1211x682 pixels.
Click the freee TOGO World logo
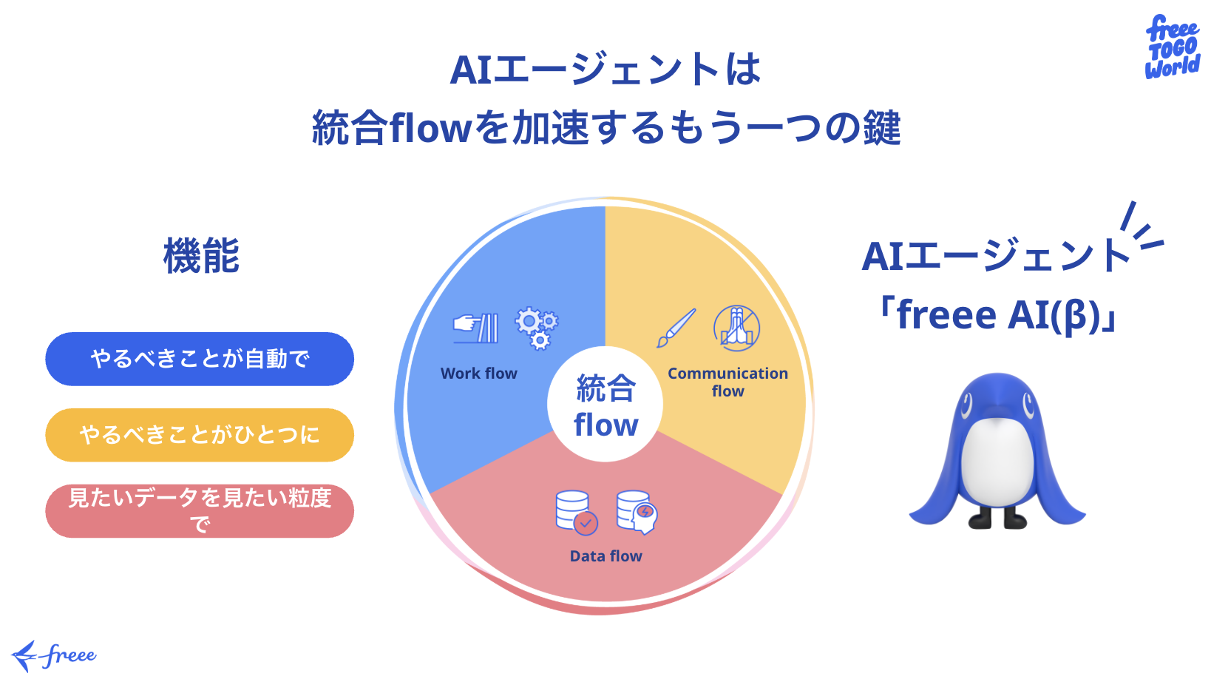(1172, 47)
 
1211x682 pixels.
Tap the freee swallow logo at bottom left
(54, 655)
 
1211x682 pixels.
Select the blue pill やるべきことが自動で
(200, 359)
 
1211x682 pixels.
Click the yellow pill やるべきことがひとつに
(200, 435)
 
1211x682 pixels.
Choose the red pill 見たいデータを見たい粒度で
(200, 510)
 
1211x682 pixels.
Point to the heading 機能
(201, 257)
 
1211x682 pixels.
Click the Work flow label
(479, 374)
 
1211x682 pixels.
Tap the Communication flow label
(727, 382)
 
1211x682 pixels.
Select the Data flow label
(605, 556)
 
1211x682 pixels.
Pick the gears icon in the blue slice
(537, 328)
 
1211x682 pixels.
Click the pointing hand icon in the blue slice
(475, 328)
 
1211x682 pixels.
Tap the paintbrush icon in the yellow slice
(676, 328)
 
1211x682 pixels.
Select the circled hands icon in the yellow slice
(736, 328)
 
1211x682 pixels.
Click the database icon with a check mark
(576, 512)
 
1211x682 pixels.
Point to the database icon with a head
(637, 512)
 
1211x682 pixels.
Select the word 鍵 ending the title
(881, 127)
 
